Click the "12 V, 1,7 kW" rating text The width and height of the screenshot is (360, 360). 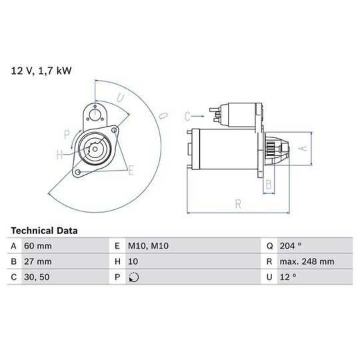41,71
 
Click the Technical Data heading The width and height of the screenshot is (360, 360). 44,231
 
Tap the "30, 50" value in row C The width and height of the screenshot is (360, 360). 37,277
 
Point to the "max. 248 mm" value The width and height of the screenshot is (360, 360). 307,261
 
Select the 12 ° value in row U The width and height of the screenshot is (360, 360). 288,277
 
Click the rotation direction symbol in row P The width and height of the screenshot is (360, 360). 134,277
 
